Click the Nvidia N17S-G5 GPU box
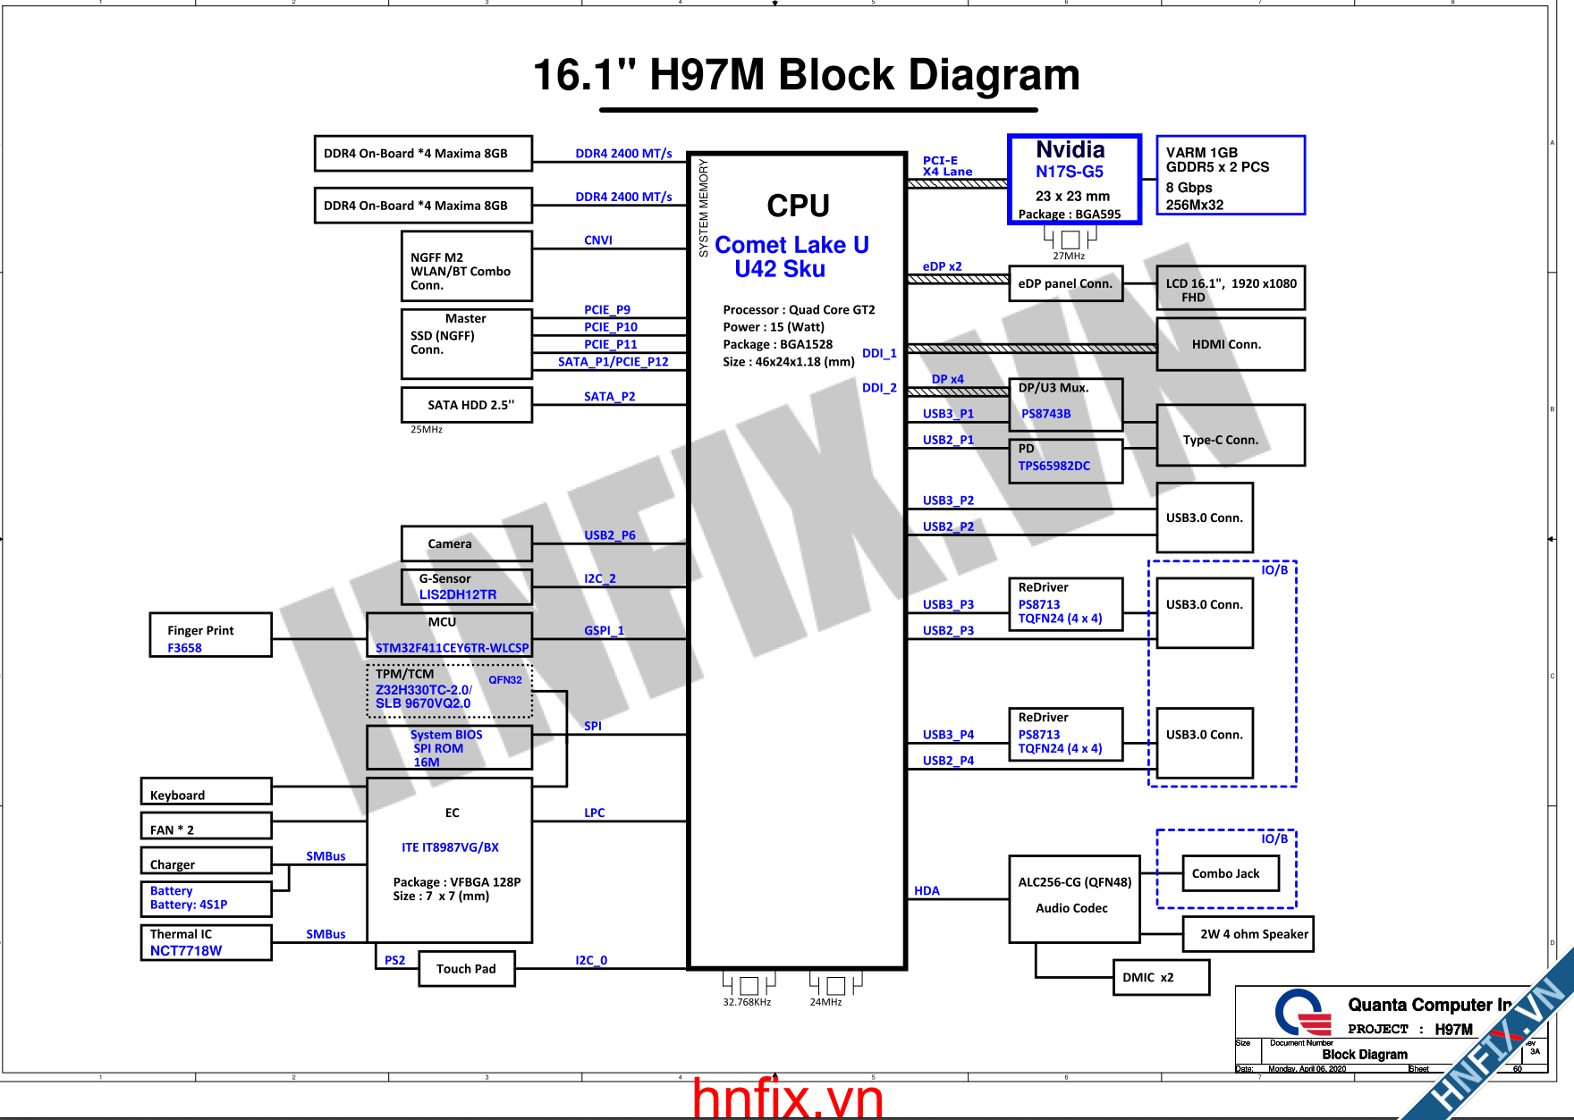coord(1074,179)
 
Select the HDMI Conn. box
coord(1230,344)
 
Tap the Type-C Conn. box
coord(1230,435)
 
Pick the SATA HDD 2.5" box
coord(467,405)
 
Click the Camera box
coord(467,543)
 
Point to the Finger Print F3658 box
coord(210,635)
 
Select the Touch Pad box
coord(467,969)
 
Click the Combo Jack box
coord(1230,873)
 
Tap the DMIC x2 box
coord(1161,977)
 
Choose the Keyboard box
coord(206,792)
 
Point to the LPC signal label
coord(595,813)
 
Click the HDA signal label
coord(927,890)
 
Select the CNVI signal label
coord(598,240)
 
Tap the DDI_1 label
coord(879,353)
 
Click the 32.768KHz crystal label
coord(747,1002)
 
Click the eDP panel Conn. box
coord(1065,283)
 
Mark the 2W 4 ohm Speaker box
coord(1248,934)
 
